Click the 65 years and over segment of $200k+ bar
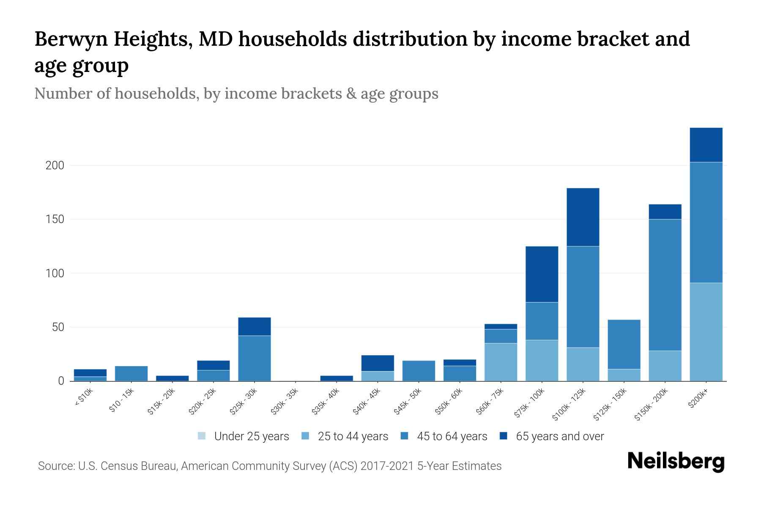click(x=706, y=145)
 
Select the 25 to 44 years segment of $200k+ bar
click(x=706, y=332)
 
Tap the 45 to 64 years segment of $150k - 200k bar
click(x=665, y=285)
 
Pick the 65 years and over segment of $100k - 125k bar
click(x=583, y=217)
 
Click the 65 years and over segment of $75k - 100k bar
click(x=542, y=274)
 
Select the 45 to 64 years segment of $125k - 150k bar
click(x=624, y=344)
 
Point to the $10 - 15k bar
click(x=131, y=373)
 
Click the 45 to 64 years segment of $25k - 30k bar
click(x=254, y=358)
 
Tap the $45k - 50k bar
click(x=419, y=371)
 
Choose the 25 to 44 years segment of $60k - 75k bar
click(x=501, y=362)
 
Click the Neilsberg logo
click(x=676, y=461)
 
